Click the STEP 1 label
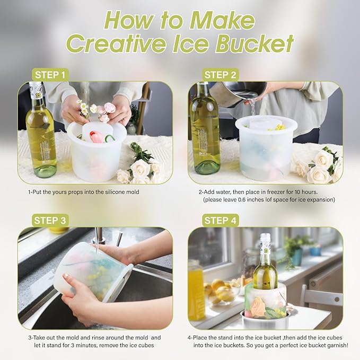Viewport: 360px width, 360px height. [50, 75]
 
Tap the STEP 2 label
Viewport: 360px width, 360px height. [221, 75]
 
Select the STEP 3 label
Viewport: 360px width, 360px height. [50, 221]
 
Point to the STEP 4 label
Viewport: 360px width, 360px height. [221, 221]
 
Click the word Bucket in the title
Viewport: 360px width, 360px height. [254, 43]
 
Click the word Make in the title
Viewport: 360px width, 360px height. [222, 20]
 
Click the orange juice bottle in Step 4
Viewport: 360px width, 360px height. [196, 291]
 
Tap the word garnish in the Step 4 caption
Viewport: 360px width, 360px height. [335, 345]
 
